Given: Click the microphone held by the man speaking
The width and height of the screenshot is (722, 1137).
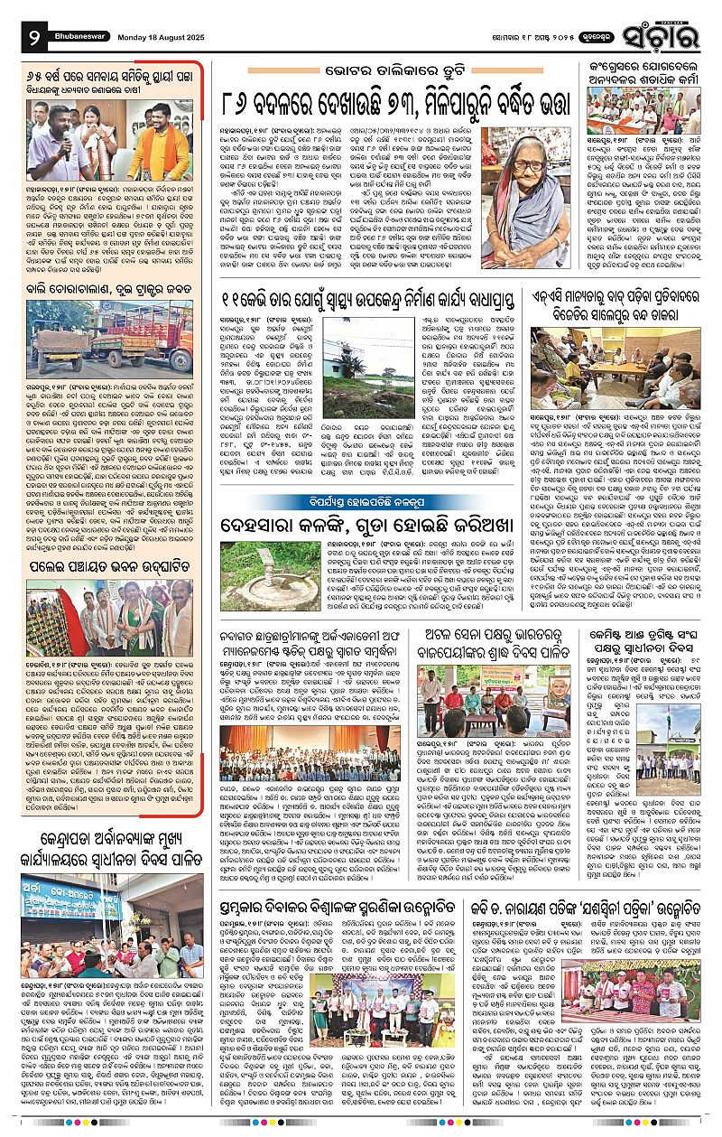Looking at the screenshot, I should tap(65, 134).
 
